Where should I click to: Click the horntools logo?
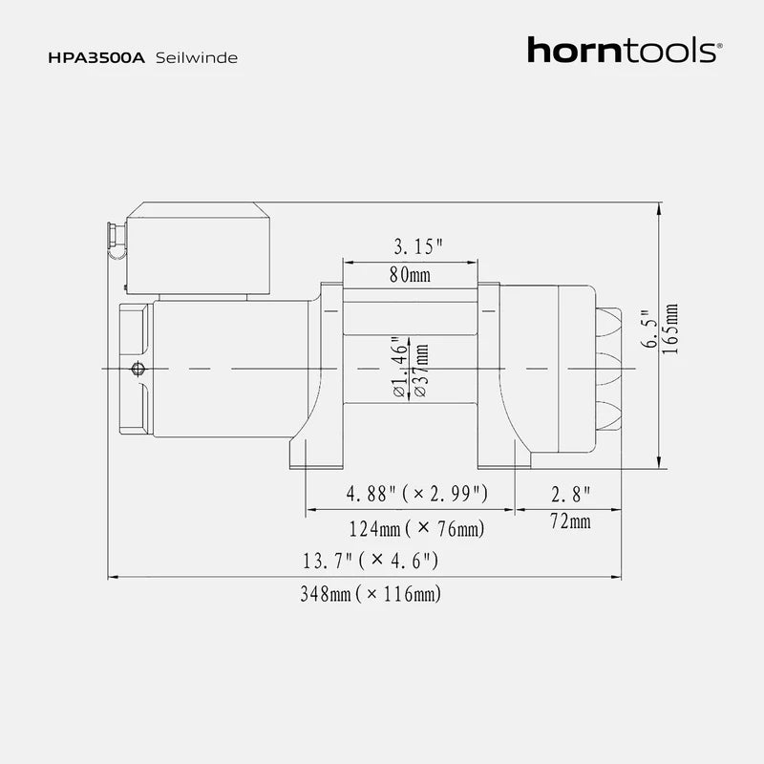pos(622,51)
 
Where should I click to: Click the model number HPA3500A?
pos(95,57)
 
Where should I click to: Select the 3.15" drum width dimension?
pos(419,247)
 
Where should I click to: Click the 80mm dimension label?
pos(411,275)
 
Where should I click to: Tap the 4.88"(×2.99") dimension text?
pos(418,494)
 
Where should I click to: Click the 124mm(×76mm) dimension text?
pos(415,528)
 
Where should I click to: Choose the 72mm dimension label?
pos(570,521)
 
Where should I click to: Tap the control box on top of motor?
pos(198,248)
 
